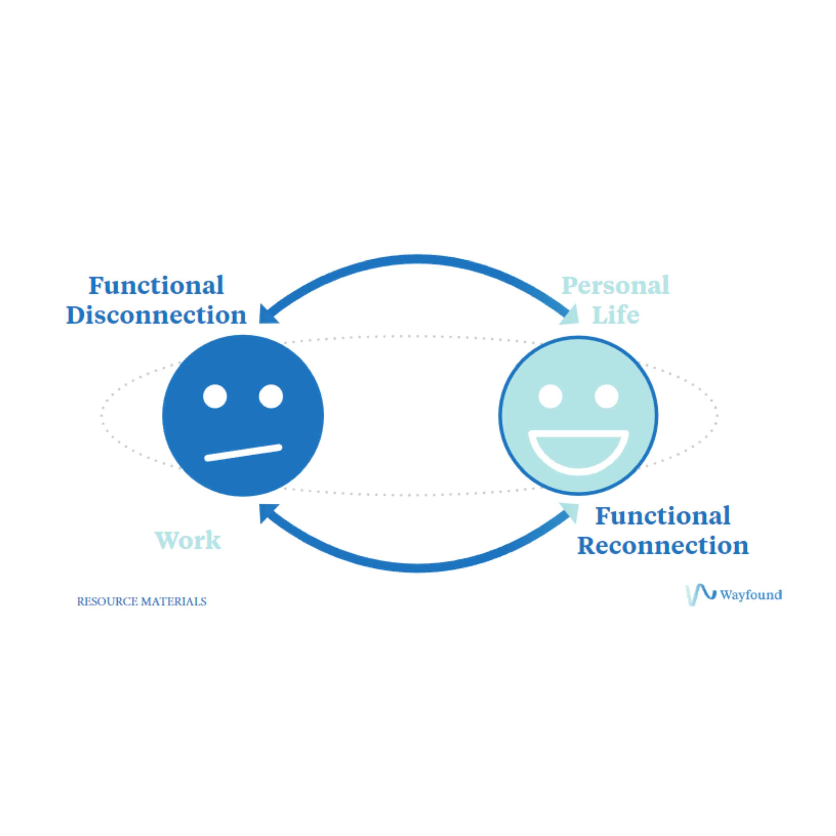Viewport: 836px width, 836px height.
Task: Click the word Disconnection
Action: pos(156,315)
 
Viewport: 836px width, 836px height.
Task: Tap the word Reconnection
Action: pos(663,546)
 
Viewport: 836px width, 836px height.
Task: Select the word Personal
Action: pos(615,286)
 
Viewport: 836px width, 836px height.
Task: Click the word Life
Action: pos(615,315)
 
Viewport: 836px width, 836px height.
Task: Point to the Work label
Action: pos(188,540)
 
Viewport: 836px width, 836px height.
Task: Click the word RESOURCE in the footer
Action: pos(107,602)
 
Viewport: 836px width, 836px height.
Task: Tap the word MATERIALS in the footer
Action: pos(174,602)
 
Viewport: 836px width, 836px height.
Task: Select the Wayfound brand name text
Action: pos(751,595)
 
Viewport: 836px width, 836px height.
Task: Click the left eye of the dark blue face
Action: pos(215,396)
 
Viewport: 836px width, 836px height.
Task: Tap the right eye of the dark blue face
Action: pos(271,396)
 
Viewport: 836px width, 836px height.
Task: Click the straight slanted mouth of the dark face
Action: pos(243,453)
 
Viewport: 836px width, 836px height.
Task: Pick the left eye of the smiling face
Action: pos(550,396)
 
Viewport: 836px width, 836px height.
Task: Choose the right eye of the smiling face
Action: pos(606,396)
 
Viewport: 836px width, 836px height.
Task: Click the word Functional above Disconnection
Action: pos(156,286)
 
